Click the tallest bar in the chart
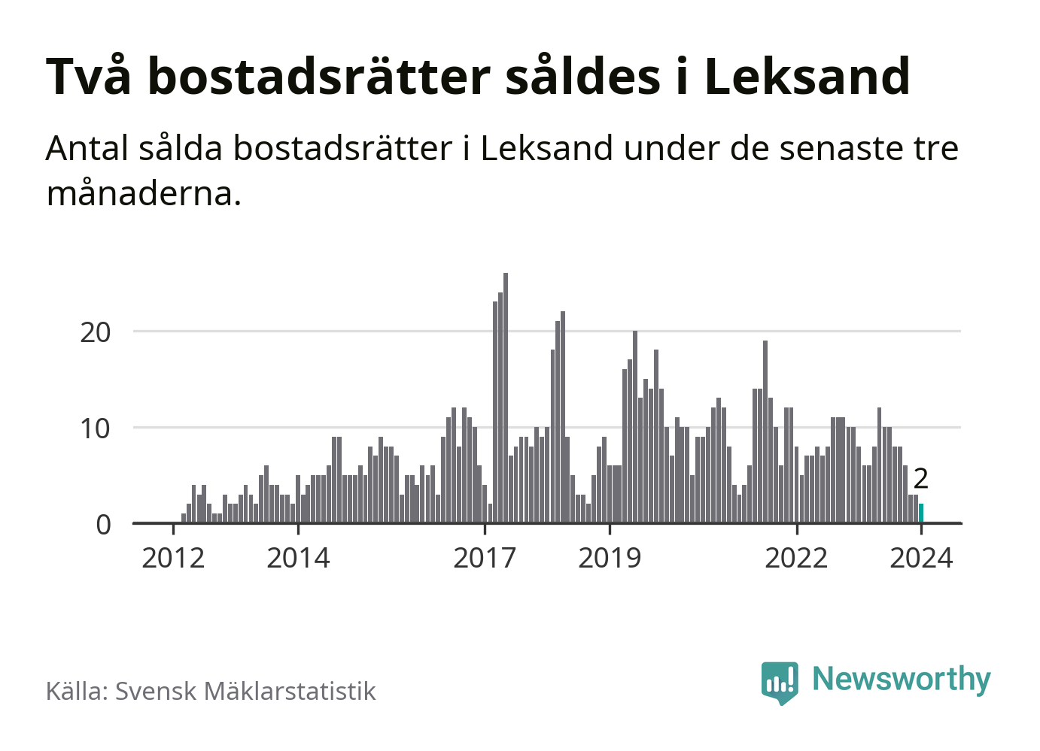pyautogui.click(x=506, y=398)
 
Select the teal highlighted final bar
pyautogui.click(x=921, y=513)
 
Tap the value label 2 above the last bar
pyautogui.click(x=920, y=479)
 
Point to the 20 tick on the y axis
pyautogui.click(x=96, y=332)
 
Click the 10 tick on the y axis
pyautogui.click(x=96, y=428)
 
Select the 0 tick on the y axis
pyautogui.click(x=104, y=524)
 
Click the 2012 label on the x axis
pyautogui.click(x=173, y=559)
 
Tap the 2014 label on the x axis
pyautogui.click(x=298, y=559)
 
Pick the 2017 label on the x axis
pyautogui.click(x=485, y=559)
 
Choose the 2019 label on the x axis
pyautogui.click(x=610, y=559)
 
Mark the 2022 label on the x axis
pyautogui.click(x=796, y=559)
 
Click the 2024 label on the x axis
pyautogui.click(x=921, y=559)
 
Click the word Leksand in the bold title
pyautogui.click(x=807, y=77)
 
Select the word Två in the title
pyautogui.click(x=89, y=77)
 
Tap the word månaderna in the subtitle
pyautogui.click(x=144, y=193)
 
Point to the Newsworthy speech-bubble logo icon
pyautogui.click(x=780, y=682)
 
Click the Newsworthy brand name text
pyautogui.click(x=902, y=679)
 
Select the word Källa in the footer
pyautogui.click(x=78, y=691)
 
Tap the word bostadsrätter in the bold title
pyautogui.click(x=319, y=77)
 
